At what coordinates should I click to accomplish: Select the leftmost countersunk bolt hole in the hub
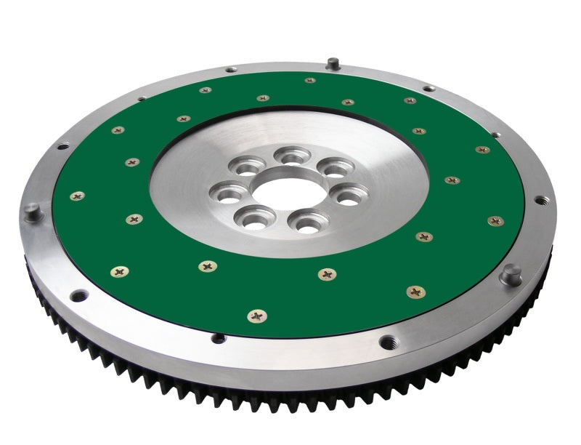point(224,194)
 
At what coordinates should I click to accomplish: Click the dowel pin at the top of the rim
point(332,63)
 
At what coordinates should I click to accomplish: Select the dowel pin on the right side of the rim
point(512,273)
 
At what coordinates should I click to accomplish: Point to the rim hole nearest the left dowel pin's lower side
point(78,294)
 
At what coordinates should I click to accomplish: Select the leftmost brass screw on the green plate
point(76,196)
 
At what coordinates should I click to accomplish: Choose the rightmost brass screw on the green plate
point(496,220)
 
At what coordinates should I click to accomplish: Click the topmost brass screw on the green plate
point(310,80)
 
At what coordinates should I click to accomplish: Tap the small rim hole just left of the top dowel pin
point(231,69)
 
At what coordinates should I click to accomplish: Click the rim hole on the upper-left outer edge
point(63,145)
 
